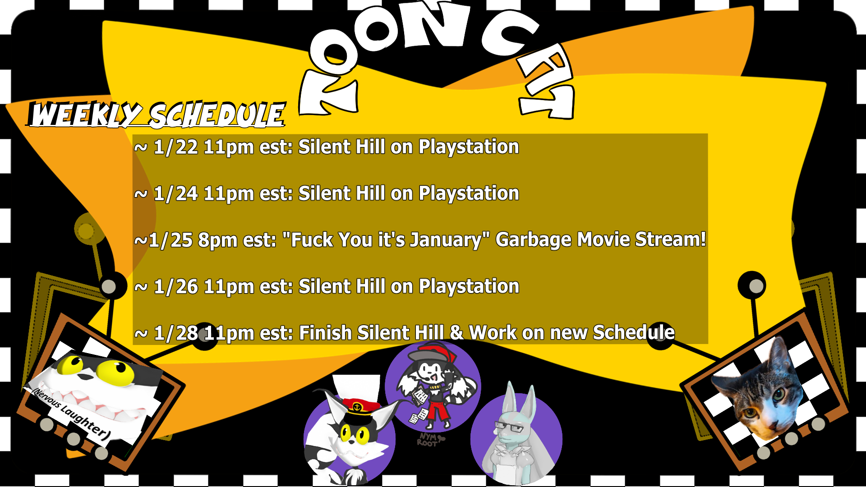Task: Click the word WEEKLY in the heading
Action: [x=86, y=115]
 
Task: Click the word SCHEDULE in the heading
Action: [x=217, y=115]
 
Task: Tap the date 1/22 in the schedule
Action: [x=176, y=147]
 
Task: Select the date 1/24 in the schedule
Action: [x=176, y=194]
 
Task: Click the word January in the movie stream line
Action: [x=442, y=240]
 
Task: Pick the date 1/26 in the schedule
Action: [x=176, y=287]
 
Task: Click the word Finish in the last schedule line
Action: [x=325, y=333]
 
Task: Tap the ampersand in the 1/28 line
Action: [x=456, y=333]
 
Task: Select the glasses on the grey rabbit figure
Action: [x=509, y=426]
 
